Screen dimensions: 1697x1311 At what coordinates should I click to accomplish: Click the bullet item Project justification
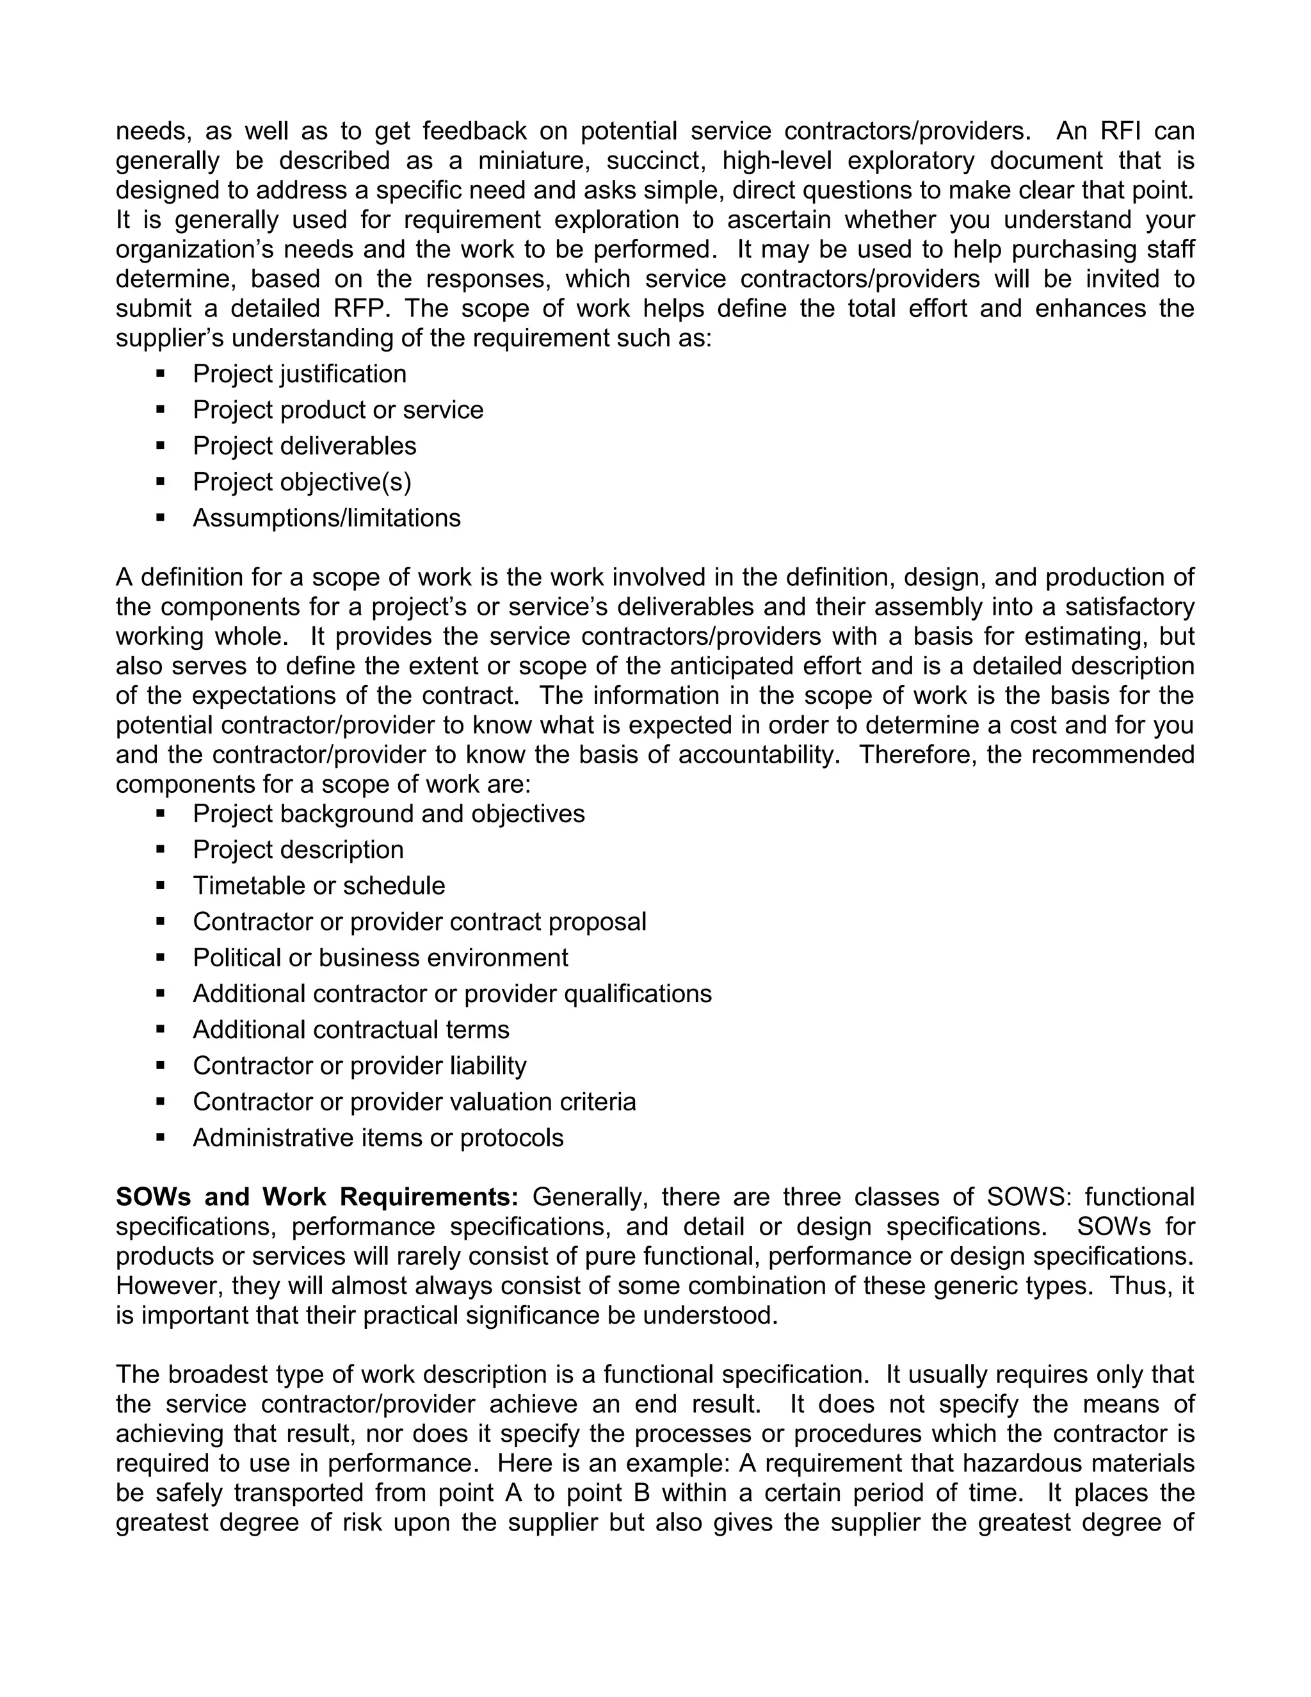299,375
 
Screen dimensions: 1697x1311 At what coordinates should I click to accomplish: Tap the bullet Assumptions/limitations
326,518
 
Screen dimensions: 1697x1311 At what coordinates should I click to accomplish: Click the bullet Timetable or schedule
318,886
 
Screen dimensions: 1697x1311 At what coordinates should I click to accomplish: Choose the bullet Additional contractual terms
351,1030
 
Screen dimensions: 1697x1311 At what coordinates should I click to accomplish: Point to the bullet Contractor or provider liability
359,1066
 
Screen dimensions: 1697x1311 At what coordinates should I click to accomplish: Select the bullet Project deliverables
305,446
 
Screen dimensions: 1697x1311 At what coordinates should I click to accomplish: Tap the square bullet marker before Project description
161,850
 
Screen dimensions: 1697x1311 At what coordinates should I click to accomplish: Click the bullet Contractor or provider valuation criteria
414,1102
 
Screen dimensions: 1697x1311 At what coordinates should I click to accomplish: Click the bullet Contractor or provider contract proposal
419,922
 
